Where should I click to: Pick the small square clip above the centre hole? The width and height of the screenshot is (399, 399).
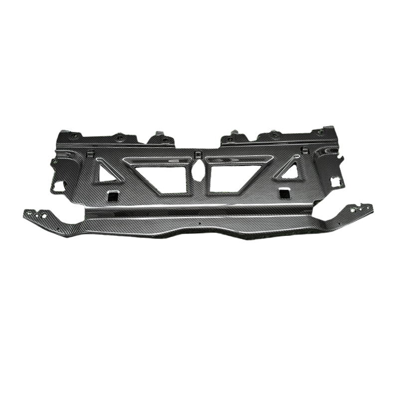(x=198, y=153)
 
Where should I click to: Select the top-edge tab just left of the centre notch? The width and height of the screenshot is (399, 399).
(x=159, y=136)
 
